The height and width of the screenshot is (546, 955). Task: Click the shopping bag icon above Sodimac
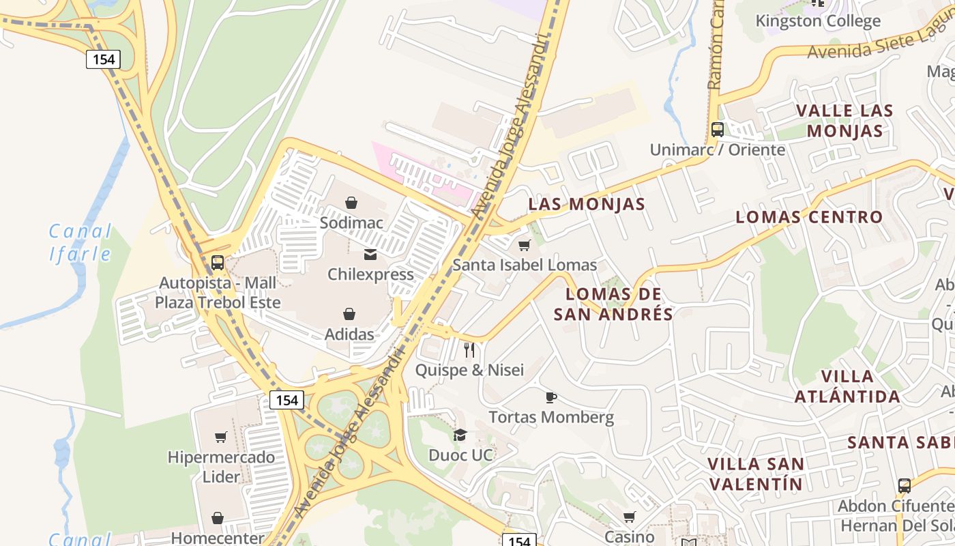(351, 203)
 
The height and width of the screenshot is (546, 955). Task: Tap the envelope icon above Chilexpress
(370, 255)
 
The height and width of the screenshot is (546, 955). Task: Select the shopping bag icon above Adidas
(349, 314)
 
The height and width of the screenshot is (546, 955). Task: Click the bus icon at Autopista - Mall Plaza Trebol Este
(218, 262)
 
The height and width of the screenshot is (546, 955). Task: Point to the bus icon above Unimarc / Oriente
(717, 130)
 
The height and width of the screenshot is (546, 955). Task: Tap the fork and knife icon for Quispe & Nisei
(469, 350)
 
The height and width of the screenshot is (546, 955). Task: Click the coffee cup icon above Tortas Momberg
(551, 397)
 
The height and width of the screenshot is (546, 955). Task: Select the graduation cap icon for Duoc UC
(460, 435)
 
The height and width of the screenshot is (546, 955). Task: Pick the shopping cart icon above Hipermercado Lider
(221, 437)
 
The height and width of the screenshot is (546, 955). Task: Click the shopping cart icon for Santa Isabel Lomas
(524, 245)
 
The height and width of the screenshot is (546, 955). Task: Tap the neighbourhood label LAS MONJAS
(587, 204)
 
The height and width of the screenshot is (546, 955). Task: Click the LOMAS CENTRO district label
(809, 217)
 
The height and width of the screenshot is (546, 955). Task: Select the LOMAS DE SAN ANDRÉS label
(613, 304)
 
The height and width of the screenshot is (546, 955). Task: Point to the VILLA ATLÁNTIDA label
(847, 386)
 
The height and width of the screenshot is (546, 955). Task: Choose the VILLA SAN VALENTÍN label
(756, 474)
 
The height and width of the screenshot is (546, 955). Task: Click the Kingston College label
(818, 21)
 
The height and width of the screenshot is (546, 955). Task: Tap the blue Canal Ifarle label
(80, 243)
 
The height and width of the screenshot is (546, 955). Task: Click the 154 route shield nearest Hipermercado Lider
(286, 400)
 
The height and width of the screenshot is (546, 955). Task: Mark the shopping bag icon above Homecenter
(218, 519)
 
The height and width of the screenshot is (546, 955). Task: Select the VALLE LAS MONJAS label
(844, 120)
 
